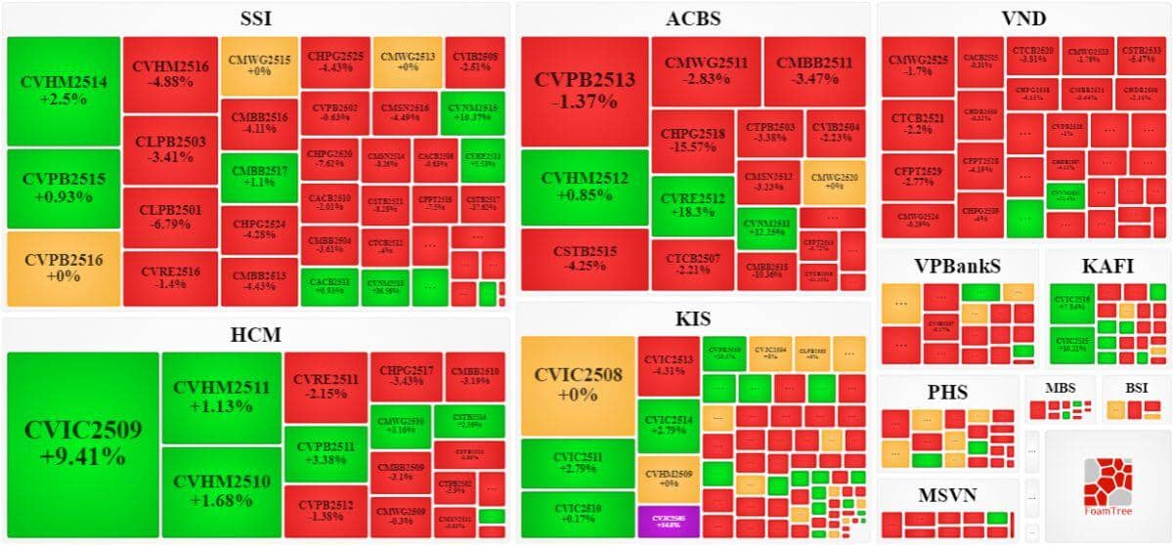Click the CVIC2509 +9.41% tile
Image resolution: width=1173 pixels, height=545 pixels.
click(83, 443)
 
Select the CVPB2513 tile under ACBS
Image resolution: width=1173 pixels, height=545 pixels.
click(585, 91)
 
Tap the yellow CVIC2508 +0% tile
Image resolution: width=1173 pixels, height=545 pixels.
click(577, 386)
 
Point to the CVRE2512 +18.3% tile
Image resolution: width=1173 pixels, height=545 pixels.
click(692, 206)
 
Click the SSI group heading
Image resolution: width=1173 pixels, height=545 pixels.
click(256, 19)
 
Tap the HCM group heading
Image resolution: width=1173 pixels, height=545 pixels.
click(256, 335)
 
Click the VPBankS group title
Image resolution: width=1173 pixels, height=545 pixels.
click(957, 266)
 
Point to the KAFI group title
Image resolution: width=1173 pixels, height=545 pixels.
click(1108, 266)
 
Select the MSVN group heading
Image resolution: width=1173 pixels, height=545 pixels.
click(946, 494)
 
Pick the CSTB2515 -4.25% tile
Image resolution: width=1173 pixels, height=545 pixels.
click(585, 259)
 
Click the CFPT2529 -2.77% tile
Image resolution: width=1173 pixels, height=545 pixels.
click(917, 177)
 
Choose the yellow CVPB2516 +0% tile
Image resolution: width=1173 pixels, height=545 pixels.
click(63, 267)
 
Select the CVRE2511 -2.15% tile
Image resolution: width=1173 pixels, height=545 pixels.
click(326, 387)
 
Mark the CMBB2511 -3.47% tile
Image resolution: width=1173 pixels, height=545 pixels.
click(814, 70)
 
